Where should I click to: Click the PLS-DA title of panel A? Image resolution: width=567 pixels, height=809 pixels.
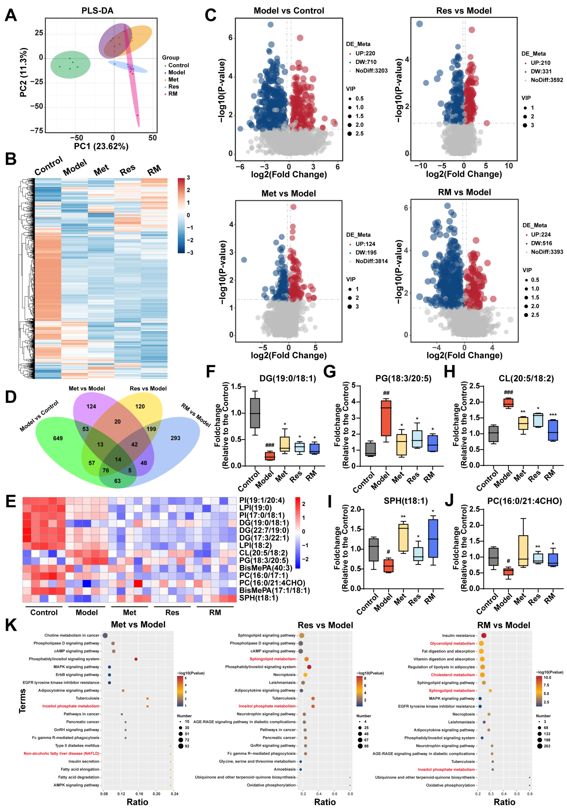[x=97, y=11]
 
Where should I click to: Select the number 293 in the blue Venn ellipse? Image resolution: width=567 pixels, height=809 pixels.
[x=175, y=438]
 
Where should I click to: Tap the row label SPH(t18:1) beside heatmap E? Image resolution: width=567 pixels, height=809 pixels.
[x=259, y=598]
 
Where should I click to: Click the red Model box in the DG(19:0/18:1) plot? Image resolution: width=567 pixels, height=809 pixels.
[x=270, y=456]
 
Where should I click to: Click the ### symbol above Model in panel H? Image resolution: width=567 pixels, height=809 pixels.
[x=508, y=392]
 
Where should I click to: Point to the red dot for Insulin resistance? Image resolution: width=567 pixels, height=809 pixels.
[x=484, y=635]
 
